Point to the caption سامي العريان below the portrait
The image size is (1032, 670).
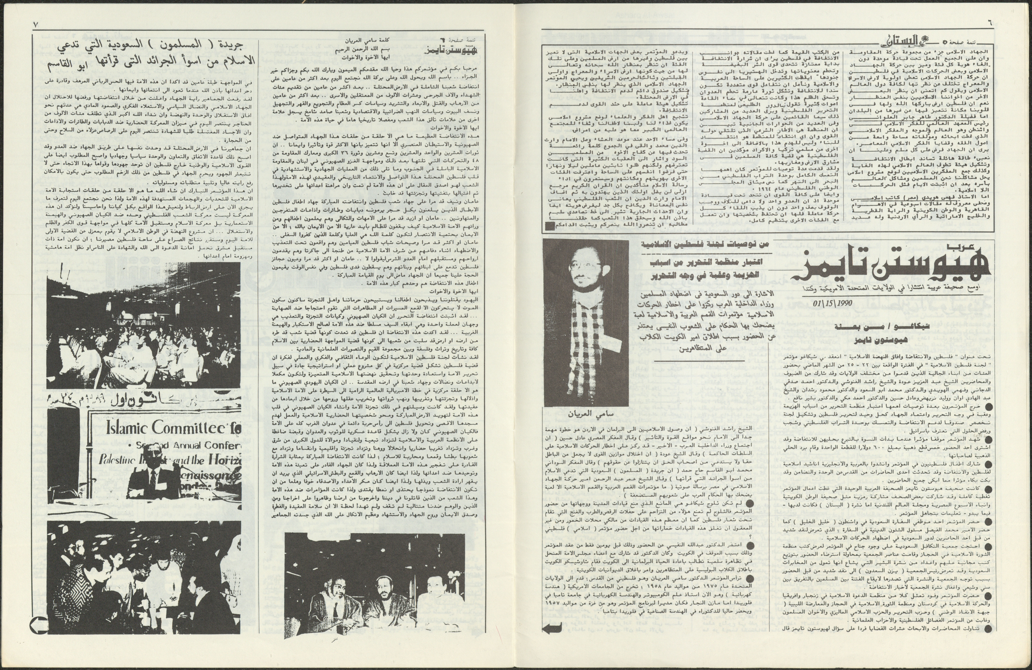tap(585, 414)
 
